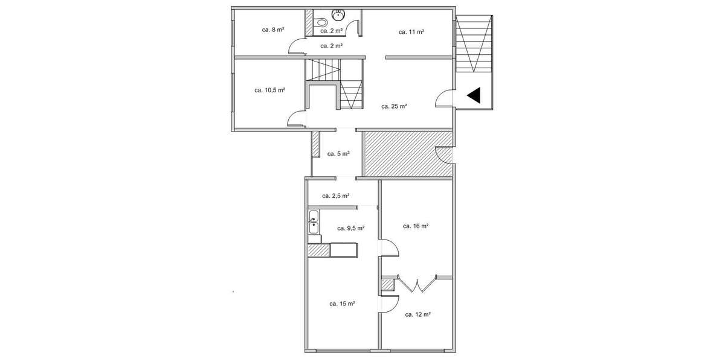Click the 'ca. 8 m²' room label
[273, 30]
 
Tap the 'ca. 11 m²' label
[411, 31]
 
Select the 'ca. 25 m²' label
[394, 106]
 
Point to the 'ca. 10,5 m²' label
[269, 90]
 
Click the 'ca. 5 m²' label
[338, 154]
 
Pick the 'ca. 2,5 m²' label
[336, 195]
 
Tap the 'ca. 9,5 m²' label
[350, 228]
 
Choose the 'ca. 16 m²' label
[416, 226]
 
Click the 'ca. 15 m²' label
[341, 303]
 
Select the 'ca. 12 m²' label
[417, 314]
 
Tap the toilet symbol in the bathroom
[337, 14]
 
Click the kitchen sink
[314, 227]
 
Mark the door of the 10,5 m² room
[296, 118]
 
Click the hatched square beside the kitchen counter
[318, 250]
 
